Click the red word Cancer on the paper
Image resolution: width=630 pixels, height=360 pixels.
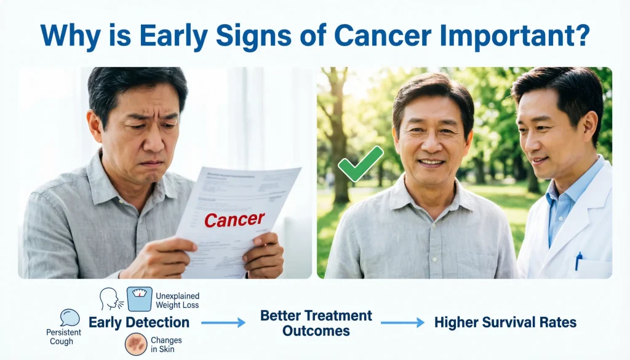[x=234, y=219]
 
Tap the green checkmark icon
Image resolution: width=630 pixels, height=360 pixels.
[x=361, y=164]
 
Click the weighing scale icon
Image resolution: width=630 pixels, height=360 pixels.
[x=139, y=298]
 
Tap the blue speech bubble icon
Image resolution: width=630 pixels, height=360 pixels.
[x=70, y=318]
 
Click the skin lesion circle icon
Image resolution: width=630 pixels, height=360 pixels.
[x=135, y=343]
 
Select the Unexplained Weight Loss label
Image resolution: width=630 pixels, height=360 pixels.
[x=177, y=300]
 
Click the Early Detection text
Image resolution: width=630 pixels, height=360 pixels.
[x=139, y=322]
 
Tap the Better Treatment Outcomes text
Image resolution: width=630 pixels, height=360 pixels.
[x=316, y=322]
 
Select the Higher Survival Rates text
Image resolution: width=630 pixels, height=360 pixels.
[x=505, y=322]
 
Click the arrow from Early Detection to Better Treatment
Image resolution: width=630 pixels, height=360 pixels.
[x=223, y=322]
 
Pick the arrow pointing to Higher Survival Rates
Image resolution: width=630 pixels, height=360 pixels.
[x=402, y=322]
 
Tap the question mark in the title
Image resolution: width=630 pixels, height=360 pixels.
[x=580, y=36]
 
